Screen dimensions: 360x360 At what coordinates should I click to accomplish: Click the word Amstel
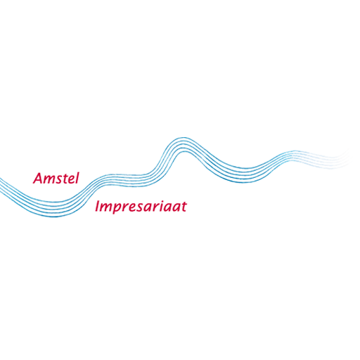coord(56,178)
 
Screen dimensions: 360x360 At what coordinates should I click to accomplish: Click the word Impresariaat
coord(141,207)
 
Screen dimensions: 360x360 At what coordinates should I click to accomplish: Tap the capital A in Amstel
coord(38,178)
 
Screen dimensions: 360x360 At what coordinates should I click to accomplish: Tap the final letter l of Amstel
coord(77,178)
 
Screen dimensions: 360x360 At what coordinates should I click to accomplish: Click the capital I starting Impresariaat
coord(98,206)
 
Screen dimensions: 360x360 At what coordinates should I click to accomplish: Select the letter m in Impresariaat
coord(108,207)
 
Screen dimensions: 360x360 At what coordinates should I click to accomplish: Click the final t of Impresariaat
coord(184,207)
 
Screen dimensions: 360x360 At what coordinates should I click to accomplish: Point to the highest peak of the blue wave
coord(184,138)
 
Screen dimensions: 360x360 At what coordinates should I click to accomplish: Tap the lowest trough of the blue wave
coord(54,216)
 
